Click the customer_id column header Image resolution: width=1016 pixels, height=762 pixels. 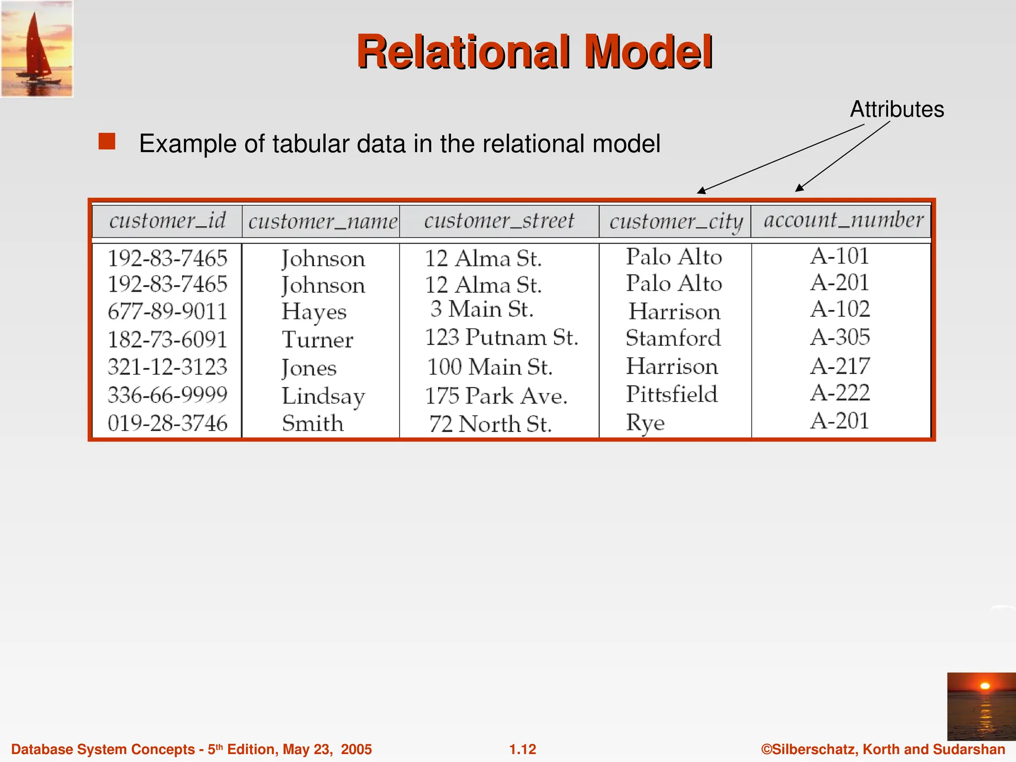click(167, 221)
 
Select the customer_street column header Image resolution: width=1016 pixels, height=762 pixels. click(499, 221)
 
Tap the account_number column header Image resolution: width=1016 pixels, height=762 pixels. click(843, 220)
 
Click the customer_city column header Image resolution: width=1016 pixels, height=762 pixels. click(676, 222)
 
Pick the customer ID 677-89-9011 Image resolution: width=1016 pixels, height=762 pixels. click(167, 312)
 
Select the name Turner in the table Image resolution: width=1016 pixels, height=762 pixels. click(317, 340)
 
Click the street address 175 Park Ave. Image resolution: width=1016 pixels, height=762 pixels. click(496, 396)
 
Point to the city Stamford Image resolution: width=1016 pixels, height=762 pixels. click(673, 338)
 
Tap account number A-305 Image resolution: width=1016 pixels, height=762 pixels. click(840, 337)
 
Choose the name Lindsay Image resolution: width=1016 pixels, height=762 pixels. click(323, 396)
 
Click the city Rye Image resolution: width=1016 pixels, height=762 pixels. click(645, 423)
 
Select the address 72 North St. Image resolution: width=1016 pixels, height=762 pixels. click(490, 424)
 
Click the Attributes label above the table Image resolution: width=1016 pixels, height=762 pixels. click(897, 109)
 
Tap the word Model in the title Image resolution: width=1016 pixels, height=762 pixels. click(648, 52)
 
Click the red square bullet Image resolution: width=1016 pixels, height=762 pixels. click(107, 141)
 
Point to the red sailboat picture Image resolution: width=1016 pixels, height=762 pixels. click(37, 49)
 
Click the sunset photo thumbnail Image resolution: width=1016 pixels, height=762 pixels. click(981, 706)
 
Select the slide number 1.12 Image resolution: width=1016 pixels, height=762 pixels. click(523, 749)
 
